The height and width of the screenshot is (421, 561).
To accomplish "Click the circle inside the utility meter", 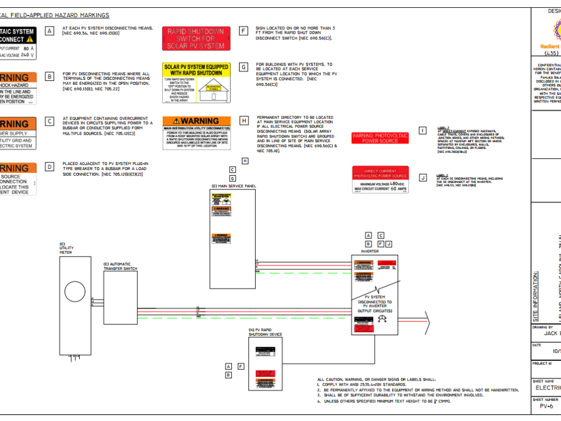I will (x=75, y=292).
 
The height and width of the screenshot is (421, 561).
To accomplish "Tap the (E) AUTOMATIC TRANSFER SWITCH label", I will (x=120, y=266).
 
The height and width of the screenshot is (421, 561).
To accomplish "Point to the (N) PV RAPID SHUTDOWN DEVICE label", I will (x=265, y=332).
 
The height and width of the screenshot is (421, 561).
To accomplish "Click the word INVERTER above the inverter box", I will (x=370, y=251).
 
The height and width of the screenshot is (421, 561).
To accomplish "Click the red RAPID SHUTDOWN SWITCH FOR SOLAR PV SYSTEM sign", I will (x=196, y=39).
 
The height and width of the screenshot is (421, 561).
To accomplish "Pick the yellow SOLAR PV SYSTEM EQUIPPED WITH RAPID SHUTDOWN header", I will (x=196, y=70).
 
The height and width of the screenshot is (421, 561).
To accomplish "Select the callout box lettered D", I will (x=50, y=166).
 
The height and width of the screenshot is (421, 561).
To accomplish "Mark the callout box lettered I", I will (x=422, y=131).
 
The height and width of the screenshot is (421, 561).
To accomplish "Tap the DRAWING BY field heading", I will (x=542, y=327).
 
